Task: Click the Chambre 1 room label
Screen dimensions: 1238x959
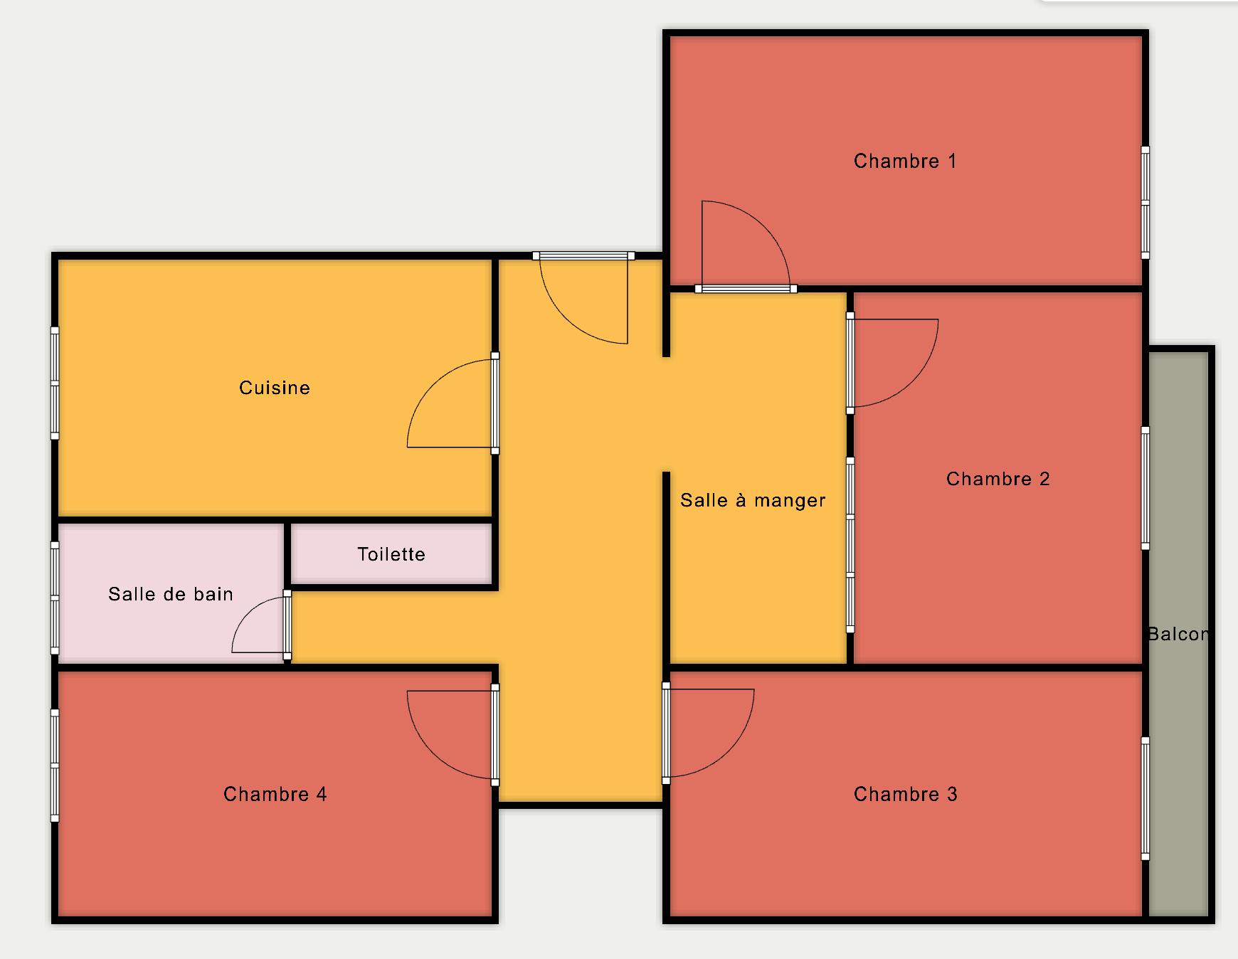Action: [x=905, y=161]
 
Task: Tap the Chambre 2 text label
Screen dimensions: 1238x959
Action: [x=998, y=479]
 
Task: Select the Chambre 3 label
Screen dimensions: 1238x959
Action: [x=905, y=794]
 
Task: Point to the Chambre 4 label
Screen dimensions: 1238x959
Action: [x=275, y=794]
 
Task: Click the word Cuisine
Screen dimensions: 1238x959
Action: [x=275, y=388]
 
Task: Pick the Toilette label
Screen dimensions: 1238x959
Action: [x=391, y=554]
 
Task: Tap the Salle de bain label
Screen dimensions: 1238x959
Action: [x=171, y=594]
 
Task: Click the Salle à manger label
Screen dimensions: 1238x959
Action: [x=753, y=500]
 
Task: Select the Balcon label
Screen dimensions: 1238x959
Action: [x=1178, y=634]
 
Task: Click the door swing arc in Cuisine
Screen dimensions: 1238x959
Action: [x=433, y=385]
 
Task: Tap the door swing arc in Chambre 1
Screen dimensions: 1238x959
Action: [x=763, y=226]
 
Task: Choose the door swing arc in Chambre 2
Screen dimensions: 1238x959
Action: [x=914, y=381]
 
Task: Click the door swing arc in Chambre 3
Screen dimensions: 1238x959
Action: [x=729, y=751]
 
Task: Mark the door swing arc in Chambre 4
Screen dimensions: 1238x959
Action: [x=432, y=752]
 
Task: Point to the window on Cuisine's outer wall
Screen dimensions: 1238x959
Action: [x=55, y=383]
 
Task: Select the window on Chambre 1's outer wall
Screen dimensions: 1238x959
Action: [x=1146, y=203]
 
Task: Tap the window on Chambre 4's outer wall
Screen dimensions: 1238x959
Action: [x=55, y=765]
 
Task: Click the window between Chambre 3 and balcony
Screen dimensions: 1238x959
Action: [x=1146, y=798]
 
